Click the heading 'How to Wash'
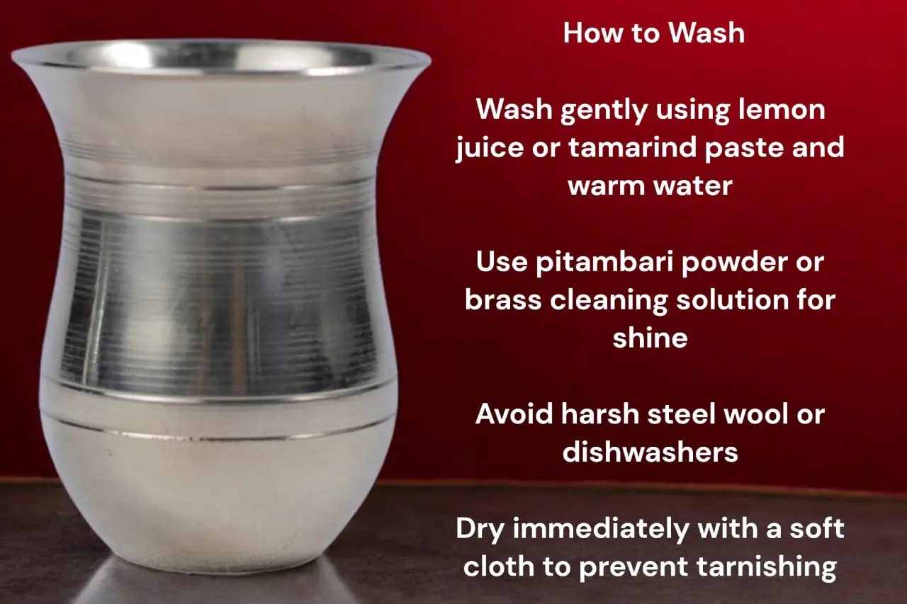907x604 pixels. pyautogui.click(x=654, y=33)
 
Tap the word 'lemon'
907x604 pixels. pyautogui.click(x=782, y=109)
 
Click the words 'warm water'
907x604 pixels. pyautogui.click(x=650, y=186)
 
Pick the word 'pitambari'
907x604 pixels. pyautogui.click(x=605, y=263)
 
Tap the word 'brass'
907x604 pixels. pyautogui.click(x=503, y=300)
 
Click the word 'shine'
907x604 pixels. pyautogui.click(x=650, y=337)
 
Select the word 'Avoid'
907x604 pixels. pyautogui.click(x=514, y=414)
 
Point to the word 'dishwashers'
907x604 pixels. pyautogui.click(x=650, y=452)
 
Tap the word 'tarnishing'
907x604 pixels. pyautogui.click(x=767, y=567)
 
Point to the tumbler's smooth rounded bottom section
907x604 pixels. pyautogui.click(x=219, y=498)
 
